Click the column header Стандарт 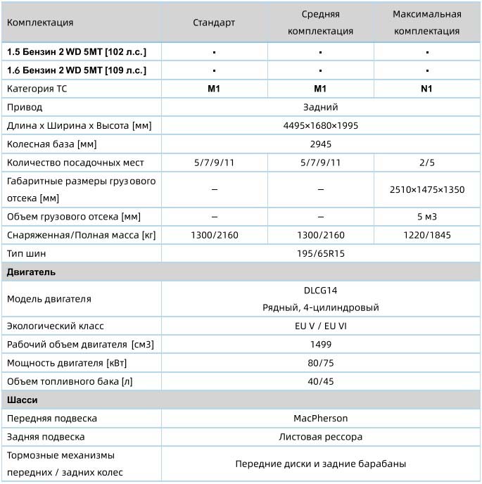[214, 23]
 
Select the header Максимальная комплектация [426, 23]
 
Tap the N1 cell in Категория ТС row [426, 89]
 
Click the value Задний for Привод [320, 108]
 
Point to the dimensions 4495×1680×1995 [320, 126]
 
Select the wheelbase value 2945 [320, 144]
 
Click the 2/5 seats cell [426, 163]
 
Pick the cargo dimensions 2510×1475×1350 [427, 190]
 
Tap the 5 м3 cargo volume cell [426, 217]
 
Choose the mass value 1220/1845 [426, 235]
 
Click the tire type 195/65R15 [320, 253]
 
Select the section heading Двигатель [31, 272]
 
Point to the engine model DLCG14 [320, 290]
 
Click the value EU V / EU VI [320, 326]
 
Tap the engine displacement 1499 [320, 345]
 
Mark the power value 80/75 [320, 363]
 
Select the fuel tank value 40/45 [320, 381]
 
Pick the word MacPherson [320, 419]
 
